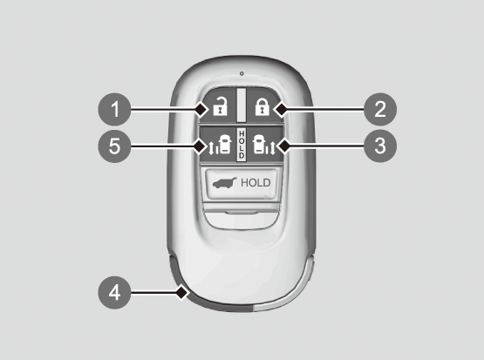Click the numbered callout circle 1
(x=114, y=109)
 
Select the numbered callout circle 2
(x=380, y=109)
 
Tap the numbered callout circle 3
(x=380, y=146)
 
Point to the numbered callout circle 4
(x=114, y=292)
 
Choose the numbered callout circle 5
(x=114, y=146)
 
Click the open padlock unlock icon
(x=220, y=106)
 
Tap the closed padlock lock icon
(x=262, y=107)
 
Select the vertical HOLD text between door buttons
(x=242, y=145)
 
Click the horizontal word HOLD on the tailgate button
(x=256, y=183)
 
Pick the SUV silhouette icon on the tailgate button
(x=224, y=183)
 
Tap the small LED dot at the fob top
(x=242, y=73)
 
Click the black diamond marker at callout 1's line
(x=201, y=109)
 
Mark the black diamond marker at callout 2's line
(x=281, y=109)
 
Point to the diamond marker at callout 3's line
(x=283, y=146)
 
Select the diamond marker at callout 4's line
(x=182, y=292)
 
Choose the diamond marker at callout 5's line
(x=200, y=146)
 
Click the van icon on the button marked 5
(x=224, y=144)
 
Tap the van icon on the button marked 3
(x=259, y=144)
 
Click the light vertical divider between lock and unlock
(x=242, y=105)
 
